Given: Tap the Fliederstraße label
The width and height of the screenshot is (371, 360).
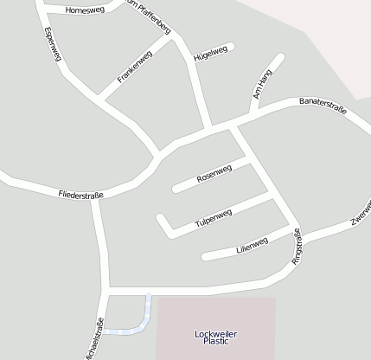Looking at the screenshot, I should (x=81, y=194).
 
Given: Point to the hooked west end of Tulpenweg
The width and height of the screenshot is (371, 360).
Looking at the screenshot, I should (x=160, y=216).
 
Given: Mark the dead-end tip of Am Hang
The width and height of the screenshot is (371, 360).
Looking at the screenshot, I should (x=280, y=58).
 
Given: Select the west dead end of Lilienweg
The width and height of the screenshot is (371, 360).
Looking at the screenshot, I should (x=205, y=256).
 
